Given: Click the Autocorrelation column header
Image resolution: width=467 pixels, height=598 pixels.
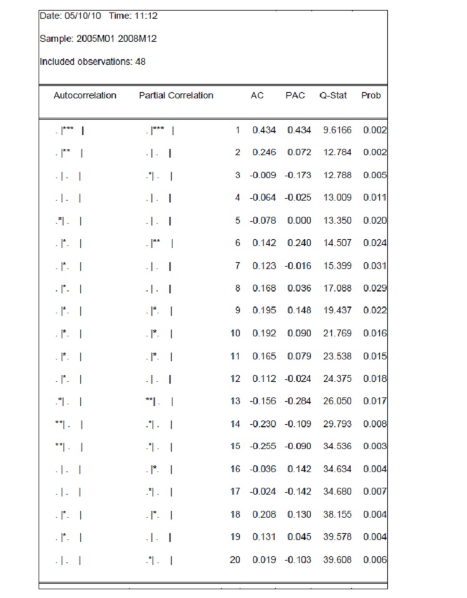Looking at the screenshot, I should coord(85,95).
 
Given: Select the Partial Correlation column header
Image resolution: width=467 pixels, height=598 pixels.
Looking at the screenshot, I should coord(176,95).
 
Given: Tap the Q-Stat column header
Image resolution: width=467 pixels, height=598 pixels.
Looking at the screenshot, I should coord(333,95).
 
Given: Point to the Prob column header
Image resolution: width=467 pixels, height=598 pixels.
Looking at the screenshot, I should coord(370,95).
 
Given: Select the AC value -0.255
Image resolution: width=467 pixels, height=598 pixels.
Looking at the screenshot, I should coord(263,447).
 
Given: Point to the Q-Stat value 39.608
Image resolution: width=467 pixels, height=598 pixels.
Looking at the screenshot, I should coord(337,560).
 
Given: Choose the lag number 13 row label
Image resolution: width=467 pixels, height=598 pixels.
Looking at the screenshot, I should coord(235,401).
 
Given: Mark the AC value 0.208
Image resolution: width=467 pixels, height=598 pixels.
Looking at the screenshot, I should coord(264,515).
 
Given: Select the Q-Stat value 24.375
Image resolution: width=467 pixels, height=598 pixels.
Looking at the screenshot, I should coord(337,379).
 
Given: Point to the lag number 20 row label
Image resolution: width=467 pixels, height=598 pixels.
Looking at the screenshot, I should coord(235,560).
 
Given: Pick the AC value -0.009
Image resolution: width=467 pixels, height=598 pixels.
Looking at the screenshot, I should coord(263,175).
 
